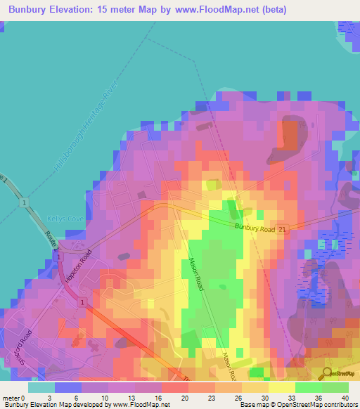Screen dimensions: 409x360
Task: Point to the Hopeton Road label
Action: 77,266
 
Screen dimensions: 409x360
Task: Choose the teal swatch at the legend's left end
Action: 41,387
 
